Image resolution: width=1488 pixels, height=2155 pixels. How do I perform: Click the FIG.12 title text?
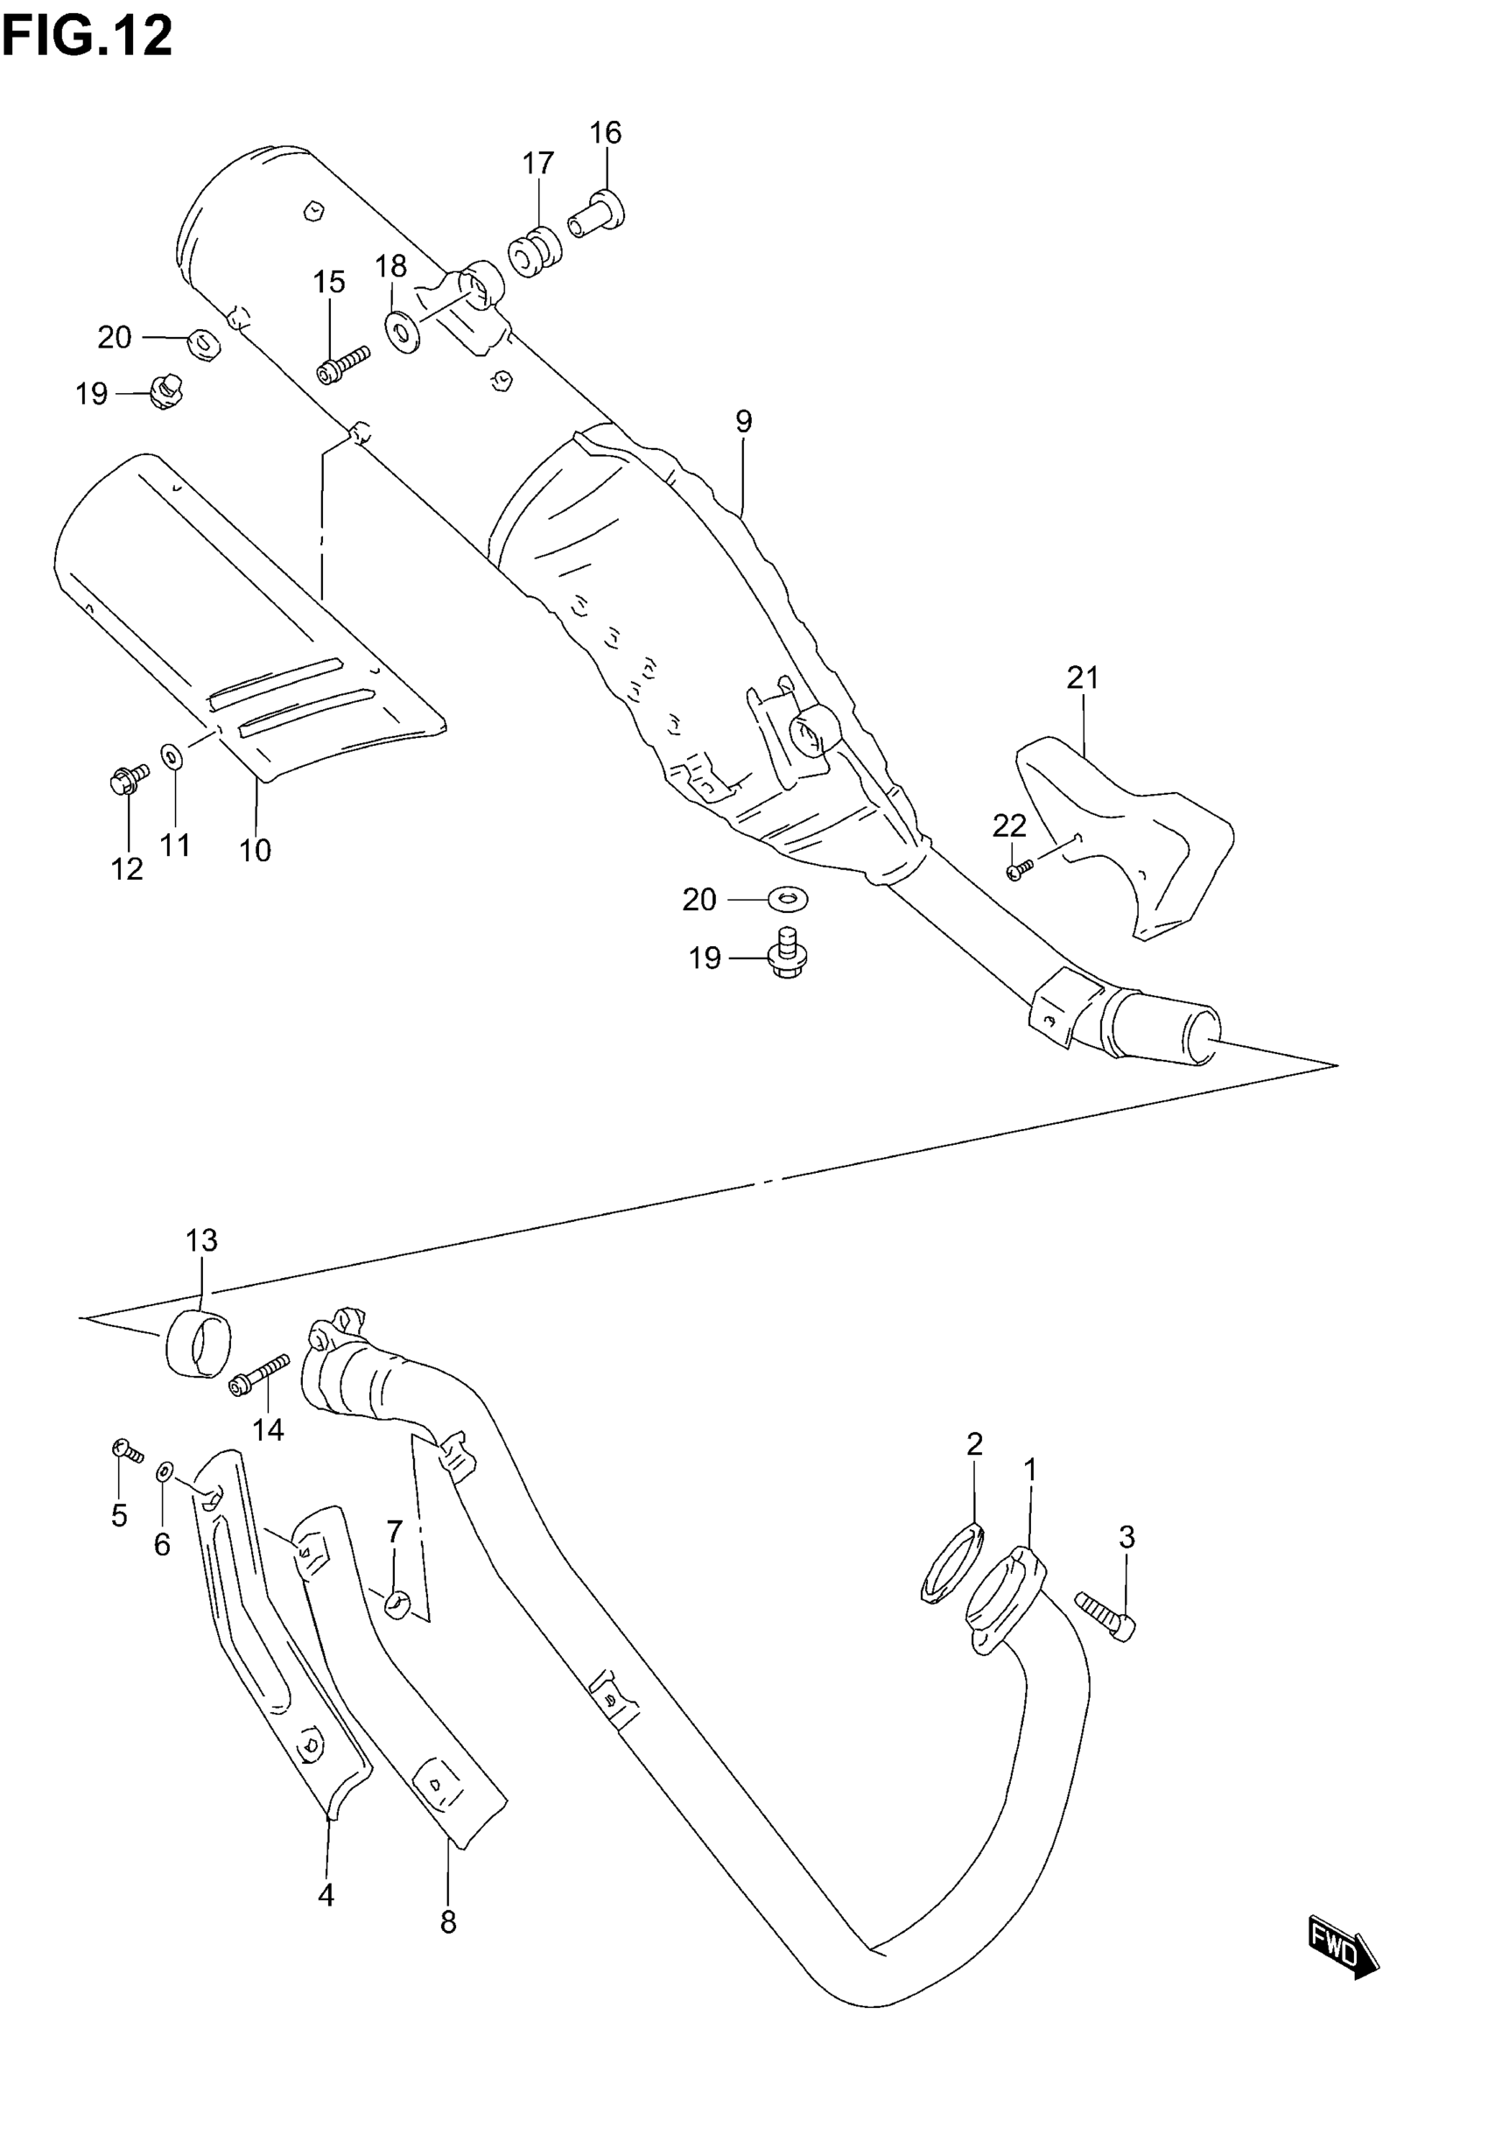click(x=87, y=38)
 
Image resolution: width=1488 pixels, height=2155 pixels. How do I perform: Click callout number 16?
click(x=605, y=133)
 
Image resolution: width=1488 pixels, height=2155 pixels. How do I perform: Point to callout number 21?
click(x=1083, y=677)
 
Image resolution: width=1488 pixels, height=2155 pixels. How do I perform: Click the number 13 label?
click(x=201, y=1240)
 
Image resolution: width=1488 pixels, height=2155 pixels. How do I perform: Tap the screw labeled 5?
click(x=126, y=1450)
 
